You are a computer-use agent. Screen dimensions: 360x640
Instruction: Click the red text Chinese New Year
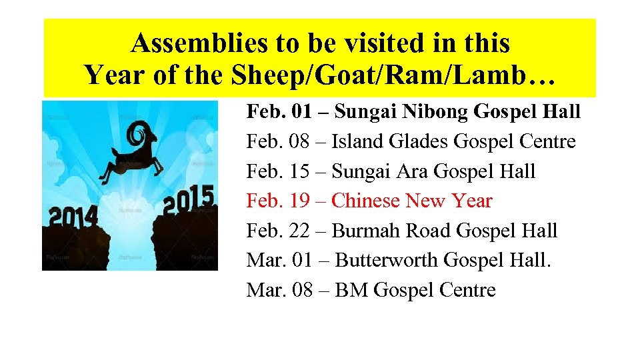point(411,201)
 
